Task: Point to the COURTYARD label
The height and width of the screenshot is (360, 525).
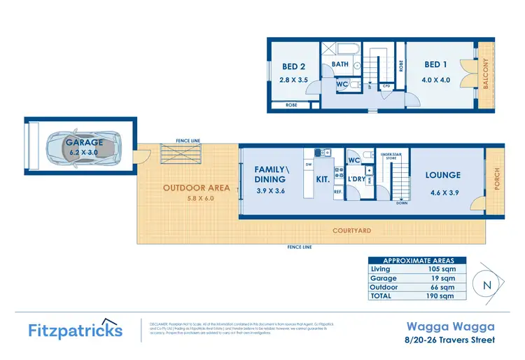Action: pos(351,230)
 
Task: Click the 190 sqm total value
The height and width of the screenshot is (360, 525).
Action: pos(442,296)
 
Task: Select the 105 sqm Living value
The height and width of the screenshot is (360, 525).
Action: pos(442,268)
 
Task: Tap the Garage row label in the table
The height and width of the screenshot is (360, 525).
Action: pos(383,278)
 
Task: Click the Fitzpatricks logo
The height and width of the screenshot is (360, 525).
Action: pos(75,329)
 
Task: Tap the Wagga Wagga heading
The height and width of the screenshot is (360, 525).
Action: pos(451,326)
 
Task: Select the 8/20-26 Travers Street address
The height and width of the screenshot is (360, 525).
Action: pos(451,340)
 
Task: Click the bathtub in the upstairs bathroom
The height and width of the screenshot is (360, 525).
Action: pos(346,50)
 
